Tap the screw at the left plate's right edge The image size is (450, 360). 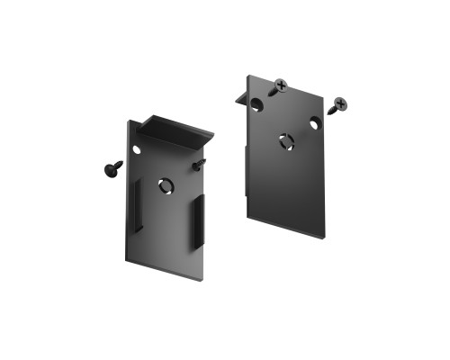[x=199, y=164]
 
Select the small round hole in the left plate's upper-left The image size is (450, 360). [x=137, y=148]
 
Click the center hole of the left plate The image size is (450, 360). [x=166, y=184]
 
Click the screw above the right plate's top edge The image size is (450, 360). [x=280, y=87]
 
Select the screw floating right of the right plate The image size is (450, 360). [x=339, y=105]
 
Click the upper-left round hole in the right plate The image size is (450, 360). [x=257, y=104]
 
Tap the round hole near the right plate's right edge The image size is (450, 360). [x=316, y=121]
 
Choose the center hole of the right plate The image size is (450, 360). [x=285, y=142]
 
